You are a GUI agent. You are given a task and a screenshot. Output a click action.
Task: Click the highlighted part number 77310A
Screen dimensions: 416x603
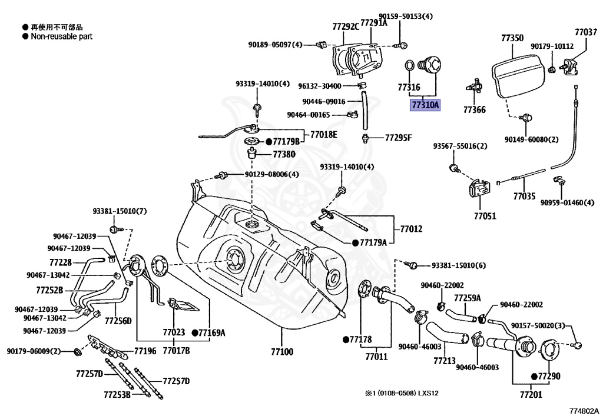pyautogui.click(x=425, y=105)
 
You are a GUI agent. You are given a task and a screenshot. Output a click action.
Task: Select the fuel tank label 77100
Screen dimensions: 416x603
pyautogui.click(x=281, y=351)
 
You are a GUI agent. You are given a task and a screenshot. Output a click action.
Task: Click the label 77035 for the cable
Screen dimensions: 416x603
pyautogui.click(x=524, y=196)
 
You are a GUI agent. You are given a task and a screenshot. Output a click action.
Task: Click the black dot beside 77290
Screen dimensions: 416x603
pyautogui.click(x=534, y=375)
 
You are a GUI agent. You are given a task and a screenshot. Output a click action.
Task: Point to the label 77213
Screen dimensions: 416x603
pyautogui.click(x=445, y=360)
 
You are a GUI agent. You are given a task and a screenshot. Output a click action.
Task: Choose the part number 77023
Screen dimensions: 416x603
pyautogui.click(x=174, y=332)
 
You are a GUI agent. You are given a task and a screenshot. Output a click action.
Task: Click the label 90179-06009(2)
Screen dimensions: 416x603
pyautogui.click(x=34, y=351)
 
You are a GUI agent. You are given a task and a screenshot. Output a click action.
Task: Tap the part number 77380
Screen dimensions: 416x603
pyautogui.click(x=284, y=155)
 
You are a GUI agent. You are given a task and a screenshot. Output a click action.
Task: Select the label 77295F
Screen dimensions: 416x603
pyautogui.click(x=399, y=138)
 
